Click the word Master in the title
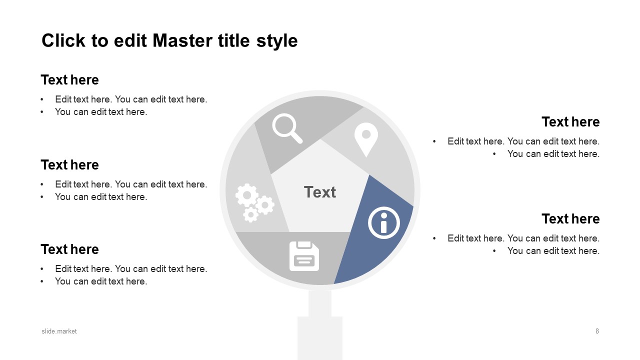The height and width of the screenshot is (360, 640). (x=182, y=40)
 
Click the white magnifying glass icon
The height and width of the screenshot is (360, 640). (x=287, y=128)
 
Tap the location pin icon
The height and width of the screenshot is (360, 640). (x=366, y=139)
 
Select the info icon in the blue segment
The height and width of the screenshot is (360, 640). (x=383, y=222)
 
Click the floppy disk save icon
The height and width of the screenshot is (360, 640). (x=304, y=256)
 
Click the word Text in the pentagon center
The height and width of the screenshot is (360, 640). (x=320, y=192)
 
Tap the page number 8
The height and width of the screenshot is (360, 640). (x=597, y=331)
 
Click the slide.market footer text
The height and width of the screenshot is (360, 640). (x=59, y=331)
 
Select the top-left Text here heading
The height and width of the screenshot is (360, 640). (x=69, y=79)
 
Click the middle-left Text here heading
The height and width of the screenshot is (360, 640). (x=69, y=165)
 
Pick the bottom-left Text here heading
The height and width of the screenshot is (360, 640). (x=69, y=249)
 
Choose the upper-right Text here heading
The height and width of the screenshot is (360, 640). (x=570, y=121)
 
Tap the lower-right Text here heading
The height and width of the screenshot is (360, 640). (x=570, y=218)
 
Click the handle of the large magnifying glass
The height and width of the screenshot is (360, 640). (x=320, y=325)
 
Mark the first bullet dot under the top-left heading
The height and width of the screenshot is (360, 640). (x=42, y=99)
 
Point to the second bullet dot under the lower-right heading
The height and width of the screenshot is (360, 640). (x=494, y=251)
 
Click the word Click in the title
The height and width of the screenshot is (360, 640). (x=63, y=40)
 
